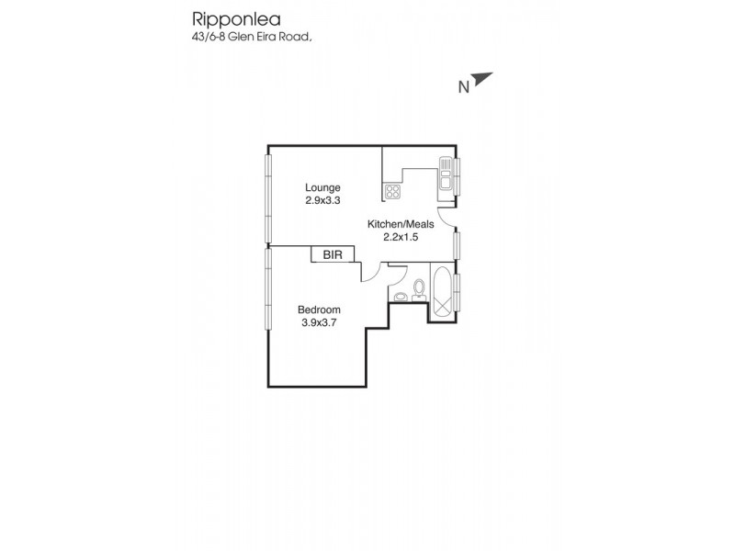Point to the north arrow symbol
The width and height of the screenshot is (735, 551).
(x=484, y=81)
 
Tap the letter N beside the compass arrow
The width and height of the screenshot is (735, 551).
(x=464, y=87)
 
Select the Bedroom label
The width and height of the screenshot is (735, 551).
(x=318, y=309)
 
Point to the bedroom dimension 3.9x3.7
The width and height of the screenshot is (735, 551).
(x=318, y=321)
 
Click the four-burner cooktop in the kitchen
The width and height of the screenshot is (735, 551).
(x=392, y=192)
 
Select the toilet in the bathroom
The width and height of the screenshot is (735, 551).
(x=419, y=288)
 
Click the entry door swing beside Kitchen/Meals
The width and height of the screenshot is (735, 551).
(x=445, y=217)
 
